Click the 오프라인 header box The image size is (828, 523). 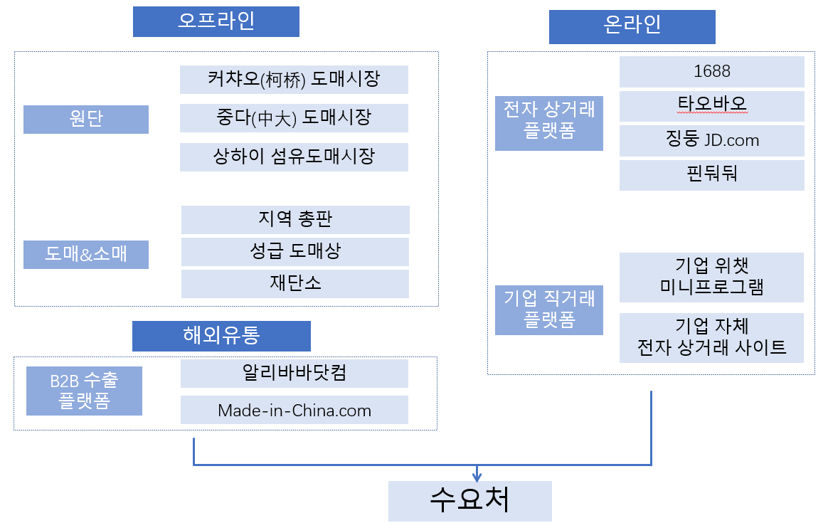pos(216,21)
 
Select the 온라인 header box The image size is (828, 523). pos(632,26)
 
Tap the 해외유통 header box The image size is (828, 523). pos(221,336)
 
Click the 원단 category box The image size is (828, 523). pos(86,120)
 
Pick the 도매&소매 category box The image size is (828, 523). pos(86,255)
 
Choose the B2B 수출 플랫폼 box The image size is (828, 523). pos(85,391)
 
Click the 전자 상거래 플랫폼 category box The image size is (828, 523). pos(549,123)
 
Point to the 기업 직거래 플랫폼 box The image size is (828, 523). pos(549,310)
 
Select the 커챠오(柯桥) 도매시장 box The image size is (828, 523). pos(294,80)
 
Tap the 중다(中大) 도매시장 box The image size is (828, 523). pos(294,118)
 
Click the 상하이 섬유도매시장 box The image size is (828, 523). pos(294,157)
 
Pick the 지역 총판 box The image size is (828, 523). pos(295,220)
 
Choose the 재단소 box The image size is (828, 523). pos(295,284)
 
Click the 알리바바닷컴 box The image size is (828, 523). pos(294,374)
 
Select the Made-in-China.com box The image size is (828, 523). pos(294,410)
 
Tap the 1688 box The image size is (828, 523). pos(712,72)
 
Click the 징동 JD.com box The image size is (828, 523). pos(712,140)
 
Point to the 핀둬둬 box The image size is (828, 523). pos(712,175)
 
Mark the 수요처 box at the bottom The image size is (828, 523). pos(470,502)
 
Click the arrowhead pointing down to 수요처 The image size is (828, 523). pos(477,477)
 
